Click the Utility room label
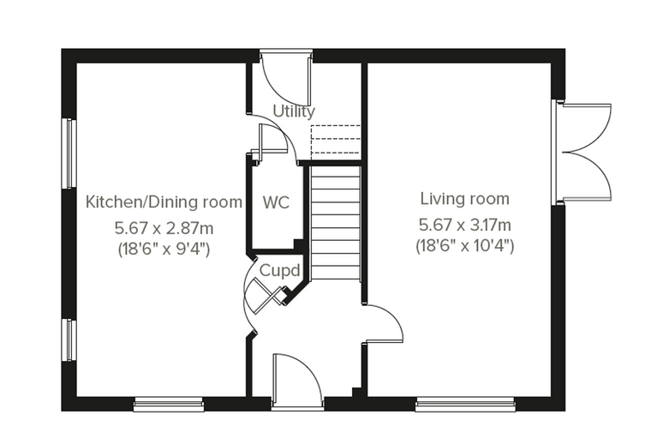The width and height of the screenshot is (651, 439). click(294, 111)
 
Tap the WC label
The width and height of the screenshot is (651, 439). click(276, 202)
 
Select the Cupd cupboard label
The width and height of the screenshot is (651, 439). click(279, 271)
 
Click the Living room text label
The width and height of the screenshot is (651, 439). click(464, 199)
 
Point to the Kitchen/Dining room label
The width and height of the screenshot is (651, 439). click(164, 202)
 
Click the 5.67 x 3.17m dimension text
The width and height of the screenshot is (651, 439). click(464, 225)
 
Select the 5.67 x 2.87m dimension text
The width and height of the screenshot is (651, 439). click(164, 228)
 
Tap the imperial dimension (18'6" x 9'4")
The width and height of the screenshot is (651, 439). click(164, 249)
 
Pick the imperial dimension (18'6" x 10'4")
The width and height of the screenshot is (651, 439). click(464, 246)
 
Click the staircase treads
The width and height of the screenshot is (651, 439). click(335, 221)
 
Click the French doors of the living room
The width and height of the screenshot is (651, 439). click(586, 153)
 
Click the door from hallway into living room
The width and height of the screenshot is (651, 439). click(383, 324)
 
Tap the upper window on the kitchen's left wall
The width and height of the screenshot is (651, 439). click(69, 153)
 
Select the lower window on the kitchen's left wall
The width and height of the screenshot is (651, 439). click(69, 340)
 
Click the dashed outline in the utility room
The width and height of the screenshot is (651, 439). click(336, 139)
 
